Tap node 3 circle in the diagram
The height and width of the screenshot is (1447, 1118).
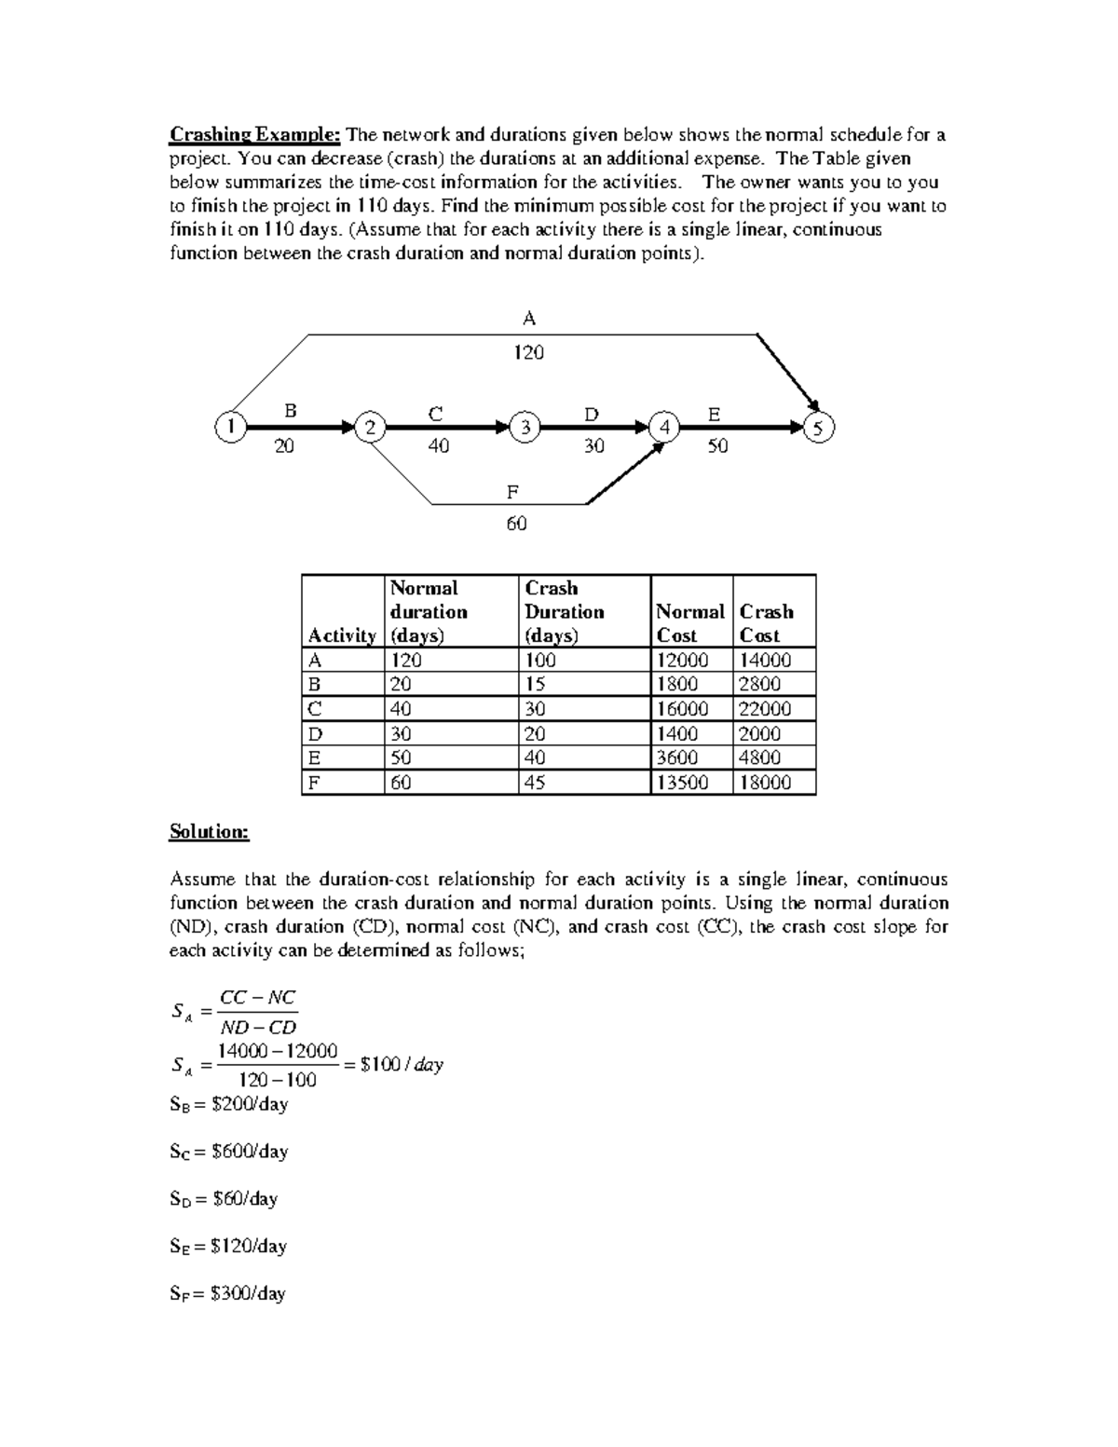coord(525,428)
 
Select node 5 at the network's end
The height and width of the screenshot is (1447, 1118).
coord(819,428)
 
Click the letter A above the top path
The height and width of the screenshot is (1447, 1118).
coord(529,319)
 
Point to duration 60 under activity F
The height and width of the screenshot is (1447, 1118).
coord(516,524)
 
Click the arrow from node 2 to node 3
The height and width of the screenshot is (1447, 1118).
coord(447,428)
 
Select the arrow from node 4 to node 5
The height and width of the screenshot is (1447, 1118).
coord(741,428)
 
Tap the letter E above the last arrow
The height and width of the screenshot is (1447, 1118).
coord(714,413)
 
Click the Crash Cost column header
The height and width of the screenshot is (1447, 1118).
coord(766,623)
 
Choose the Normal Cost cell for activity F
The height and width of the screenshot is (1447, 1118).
coord(682,783)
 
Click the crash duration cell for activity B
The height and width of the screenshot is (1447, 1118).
coord(536,684)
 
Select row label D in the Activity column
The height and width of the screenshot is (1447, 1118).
coord(315,734)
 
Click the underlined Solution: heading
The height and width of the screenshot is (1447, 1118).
coord(210,832)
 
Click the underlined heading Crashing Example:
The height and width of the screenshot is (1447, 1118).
coord(255,135)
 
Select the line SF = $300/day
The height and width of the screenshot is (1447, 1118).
coord(227,1293)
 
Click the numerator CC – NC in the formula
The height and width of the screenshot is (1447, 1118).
coord(257,998)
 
